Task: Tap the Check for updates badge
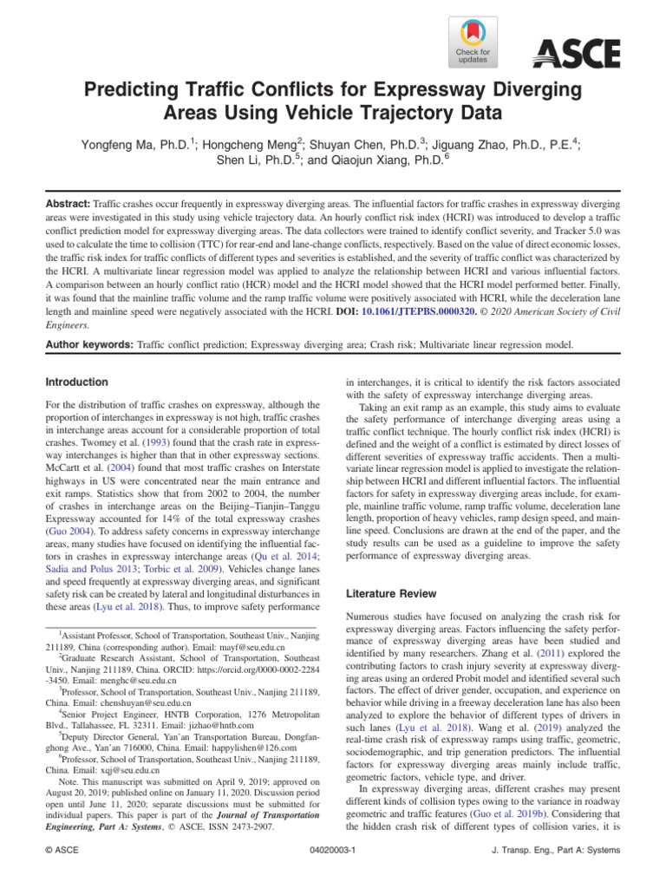tap(472, 43)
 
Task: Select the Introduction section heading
tap(77, 382)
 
